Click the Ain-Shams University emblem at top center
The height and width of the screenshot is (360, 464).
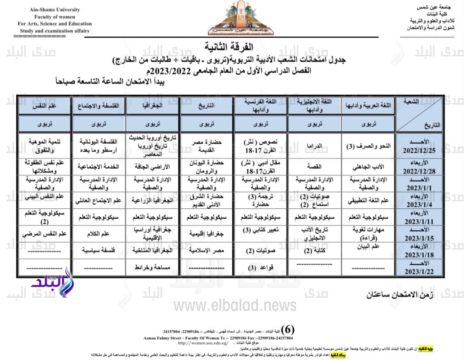point(232,18)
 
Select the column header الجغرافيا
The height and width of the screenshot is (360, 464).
point(153,106)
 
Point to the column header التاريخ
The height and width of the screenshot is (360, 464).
point(207,106)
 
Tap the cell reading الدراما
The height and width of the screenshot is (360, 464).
point(314,146)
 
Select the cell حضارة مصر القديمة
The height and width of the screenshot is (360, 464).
point(207,146)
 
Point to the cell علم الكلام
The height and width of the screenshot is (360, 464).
point(98,233)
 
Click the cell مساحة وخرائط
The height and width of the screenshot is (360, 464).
point(153,268)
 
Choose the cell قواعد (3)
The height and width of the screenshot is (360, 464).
point(261,268)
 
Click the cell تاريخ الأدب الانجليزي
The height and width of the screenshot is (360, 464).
point(314,233)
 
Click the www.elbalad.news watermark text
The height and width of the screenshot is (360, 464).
point(235,305)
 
